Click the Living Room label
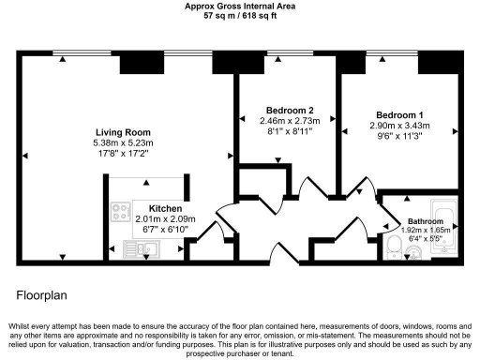click(123, 132)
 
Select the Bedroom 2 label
click(290, 110)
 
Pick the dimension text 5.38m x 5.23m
click(123, 143)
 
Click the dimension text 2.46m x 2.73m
click(290, 121)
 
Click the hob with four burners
click(121, 213)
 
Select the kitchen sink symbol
click(141, 248)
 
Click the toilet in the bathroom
click(394, 247)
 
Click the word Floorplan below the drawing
click(42, 293)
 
